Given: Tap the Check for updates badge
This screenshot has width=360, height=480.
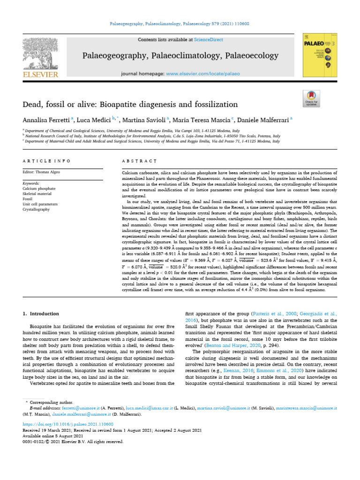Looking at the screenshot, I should coord(312,99).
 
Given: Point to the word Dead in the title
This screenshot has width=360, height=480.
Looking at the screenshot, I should coord(32,104).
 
